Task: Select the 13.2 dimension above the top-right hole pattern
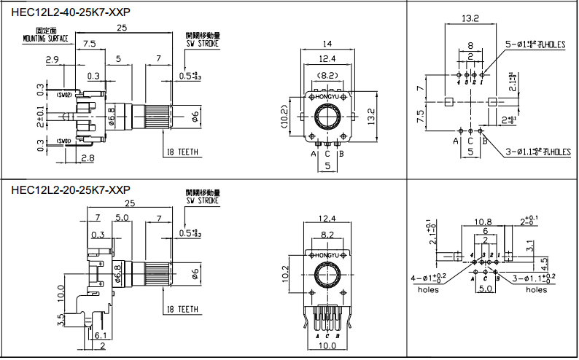[470, 17]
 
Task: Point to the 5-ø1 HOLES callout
[537, 44]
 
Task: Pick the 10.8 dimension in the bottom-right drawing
[483, 221]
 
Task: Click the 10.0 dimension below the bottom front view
[327, 346]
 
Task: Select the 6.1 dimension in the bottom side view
[101, 335]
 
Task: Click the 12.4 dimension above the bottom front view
[327, 218]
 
